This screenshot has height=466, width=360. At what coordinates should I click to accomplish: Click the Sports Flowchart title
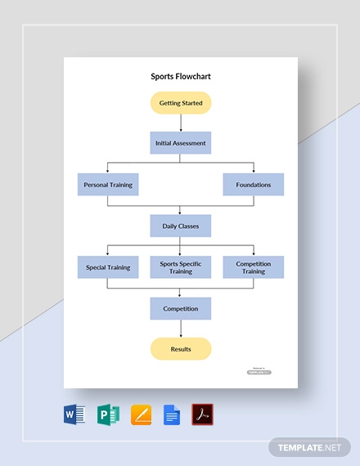point(181,77)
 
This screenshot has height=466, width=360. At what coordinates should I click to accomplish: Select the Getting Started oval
point(181,103)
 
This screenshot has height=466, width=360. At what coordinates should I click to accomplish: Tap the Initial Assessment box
point(181,143)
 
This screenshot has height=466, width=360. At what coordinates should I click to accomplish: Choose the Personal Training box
point(108,185)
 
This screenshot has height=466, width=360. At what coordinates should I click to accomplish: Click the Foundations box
point(254,185)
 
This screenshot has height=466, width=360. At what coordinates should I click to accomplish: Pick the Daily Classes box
point(181,226)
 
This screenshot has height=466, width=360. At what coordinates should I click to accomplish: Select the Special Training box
point(108,267)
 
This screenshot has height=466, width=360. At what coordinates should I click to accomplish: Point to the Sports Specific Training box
point(181,267)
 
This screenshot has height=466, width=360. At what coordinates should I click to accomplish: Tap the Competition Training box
point(254,267)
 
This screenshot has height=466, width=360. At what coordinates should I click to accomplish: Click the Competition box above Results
point(181,308)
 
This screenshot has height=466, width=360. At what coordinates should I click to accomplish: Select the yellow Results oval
point(181,349)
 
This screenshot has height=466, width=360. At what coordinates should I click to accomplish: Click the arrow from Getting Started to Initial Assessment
point(181,123)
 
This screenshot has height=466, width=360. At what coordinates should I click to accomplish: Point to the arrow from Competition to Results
point(181,329)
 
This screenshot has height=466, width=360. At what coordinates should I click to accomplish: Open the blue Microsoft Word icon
point(74,415)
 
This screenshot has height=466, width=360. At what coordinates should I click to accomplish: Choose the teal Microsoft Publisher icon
point(107,415)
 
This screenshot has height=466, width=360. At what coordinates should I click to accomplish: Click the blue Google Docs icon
point(171,415)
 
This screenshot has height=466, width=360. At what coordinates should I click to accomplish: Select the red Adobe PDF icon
point(202,415)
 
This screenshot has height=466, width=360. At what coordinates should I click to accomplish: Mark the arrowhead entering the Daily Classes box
point(181,213)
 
